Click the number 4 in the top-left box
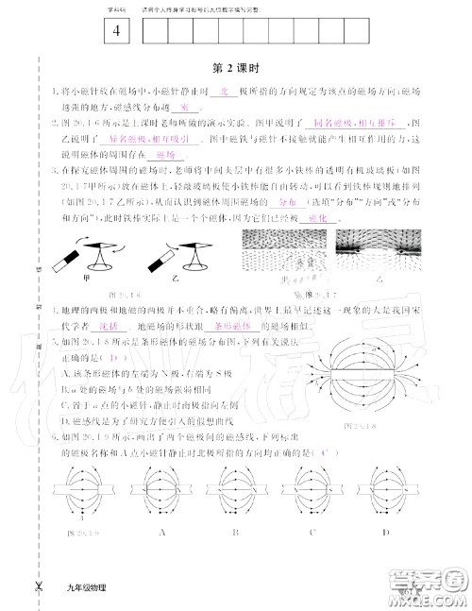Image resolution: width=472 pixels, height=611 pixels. (115, 31)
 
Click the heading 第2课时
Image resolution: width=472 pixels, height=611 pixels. (235, 68)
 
